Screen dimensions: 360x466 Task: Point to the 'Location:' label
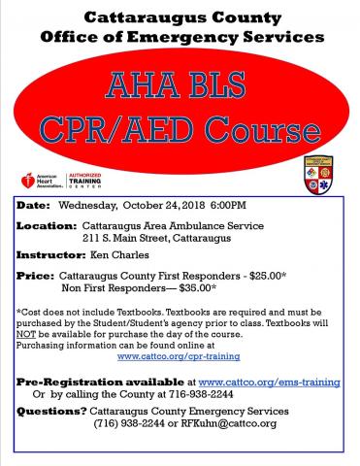(47, 225)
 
